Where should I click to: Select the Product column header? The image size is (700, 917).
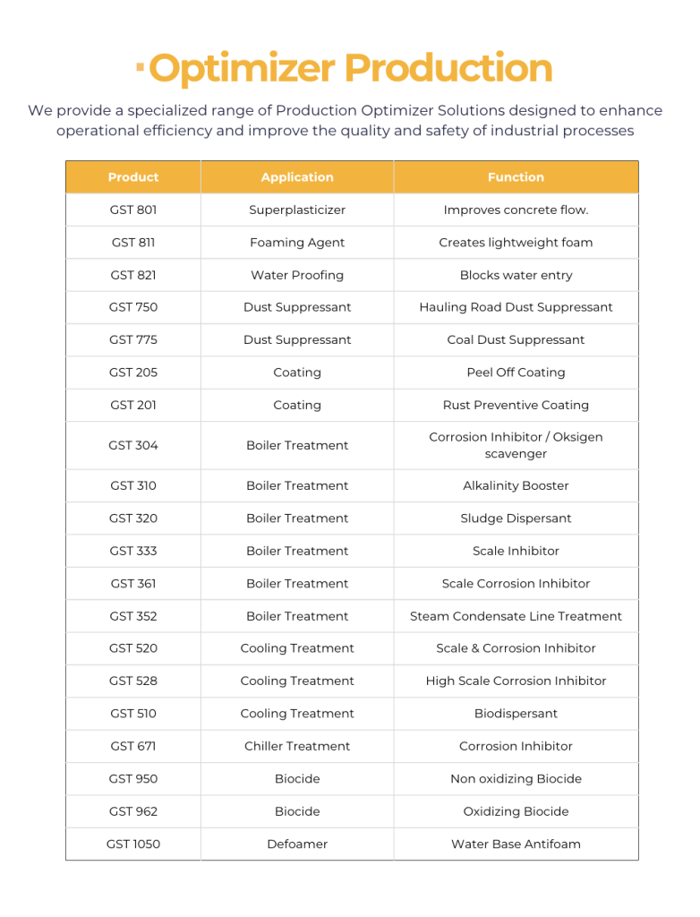(x=133, y=177)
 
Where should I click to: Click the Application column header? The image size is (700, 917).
(x=297, y=177)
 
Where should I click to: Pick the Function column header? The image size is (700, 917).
(x=516, y=177)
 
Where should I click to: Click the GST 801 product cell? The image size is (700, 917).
(x=133, y=210)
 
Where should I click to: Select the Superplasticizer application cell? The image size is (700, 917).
(x=297, y=210)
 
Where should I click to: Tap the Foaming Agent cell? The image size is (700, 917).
(x=297, y=243)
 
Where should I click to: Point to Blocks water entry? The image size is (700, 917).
(x=516, y=276)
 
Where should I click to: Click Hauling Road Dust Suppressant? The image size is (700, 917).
(x=516, y=307)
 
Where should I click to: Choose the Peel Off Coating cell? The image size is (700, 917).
(x=516, y=373)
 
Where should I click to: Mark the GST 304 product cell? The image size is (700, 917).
(x=133, y=445)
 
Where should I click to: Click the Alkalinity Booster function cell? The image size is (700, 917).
(x=516, y=485)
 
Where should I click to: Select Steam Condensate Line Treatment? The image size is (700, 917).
(x=516, y=616)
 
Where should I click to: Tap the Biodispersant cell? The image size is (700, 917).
(x=516, y=714)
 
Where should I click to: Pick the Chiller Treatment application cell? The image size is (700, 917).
(x=297, y=746)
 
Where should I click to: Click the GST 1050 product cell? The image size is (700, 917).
(x=133, y=844)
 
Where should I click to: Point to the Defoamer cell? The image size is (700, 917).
(x=297, y=844)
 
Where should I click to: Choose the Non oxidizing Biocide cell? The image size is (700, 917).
(x=516, y=779)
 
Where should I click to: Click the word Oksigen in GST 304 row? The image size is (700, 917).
(x=577, y=437)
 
